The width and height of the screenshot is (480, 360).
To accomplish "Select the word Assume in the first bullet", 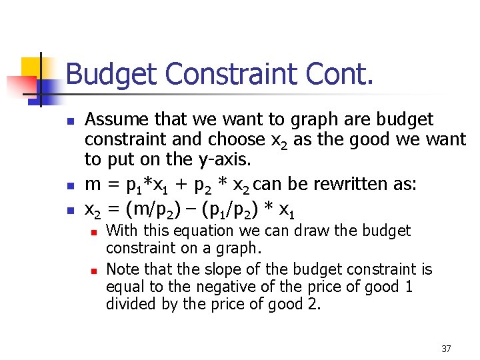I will (118, 120).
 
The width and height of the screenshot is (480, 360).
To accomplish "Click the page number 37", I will (446, 349).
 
